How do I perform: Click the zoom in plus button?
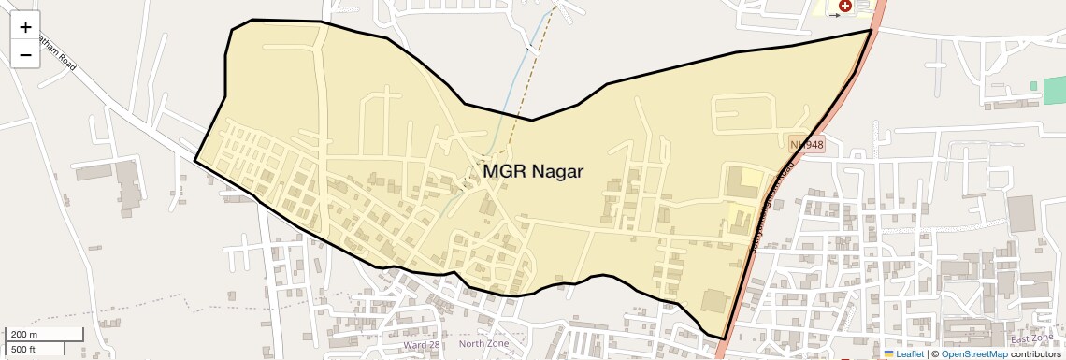click(25, 27)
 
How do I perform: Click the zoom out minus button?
click(25, 54)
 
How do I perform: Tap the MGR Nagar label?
click(533, 171)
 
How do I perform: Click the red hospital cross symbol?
click(845, 6)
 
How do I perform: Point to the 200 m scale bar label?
click(23, 334)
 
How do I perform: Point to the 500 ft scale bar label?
click(23, 350)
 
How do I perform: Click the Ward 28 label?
click(421, 345)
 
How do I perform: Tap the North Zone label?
click(484, 344)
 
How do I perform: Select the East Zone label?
click(1031, 338)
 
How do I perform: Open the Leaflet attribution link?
click(909, 353)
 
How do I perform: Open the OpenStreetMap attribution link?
click(973, 353)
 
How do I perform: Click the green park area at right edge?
click(1055, 90)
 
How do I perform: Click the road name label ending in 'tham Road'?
click(57, 56)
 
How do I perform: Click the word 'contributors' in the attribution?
click(1035, 353)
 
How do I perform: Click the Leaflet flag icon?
click(889, 353)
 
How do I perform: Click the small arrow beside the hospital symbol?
click(834, 16)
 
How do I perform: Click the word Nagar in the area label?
click(557, 171)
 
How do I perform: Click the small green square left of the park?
click(1034, 86)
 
